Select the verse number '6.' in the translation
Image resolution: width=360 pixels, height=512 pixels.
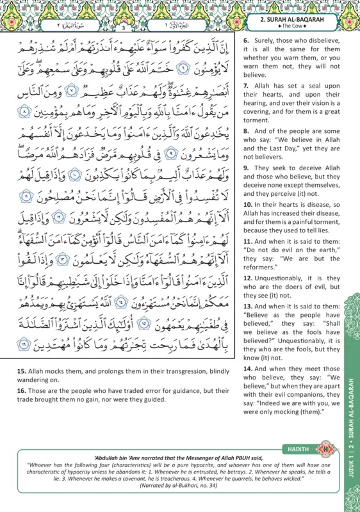pos(247,40)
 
